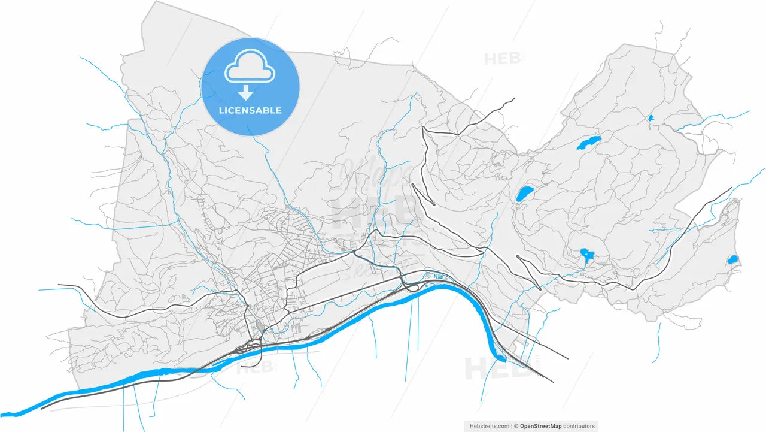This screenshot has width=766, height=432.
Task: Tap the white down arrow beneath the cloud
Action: pyautogui.click(x=245, y=92)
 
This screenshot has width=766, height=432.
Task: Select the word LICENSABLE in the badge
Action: pyautogui.click(x=250, y=111)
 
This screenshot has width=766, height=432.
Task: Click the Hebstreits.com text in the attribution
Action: pyautogui.click(x=488, y=426)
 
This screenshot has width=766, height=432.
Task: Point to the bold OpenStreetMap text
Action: pyautogui.click(x=540, y=426)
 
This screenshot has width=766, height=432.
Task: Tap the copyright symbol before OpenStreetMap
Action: pyautogui.click(x=516, y=426)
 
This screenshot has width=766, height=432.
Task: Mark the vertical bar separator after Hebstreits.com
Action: pyautogui.click(x=512, y=426)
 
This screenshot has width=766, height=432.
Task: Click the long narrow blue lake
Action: pyautogui.click(x=588, y=143)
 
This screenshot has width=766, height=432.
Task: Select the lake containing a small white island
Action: pyautogui.click(x=586, y=256)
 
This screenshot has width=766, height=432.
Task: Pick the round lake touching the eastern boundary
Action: pyautogui.click(x=732, y=259)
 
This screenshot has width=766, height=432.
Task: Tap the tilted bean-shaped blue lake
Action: pyautogui.click(x=525, y=194)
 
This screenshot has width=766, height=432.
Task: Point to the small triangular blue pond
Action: pyautogui.click(x=651, y=119)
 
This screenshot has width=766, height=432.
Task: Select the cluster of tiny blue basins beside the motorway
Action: pyautogui.click(x=440, y=276)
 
